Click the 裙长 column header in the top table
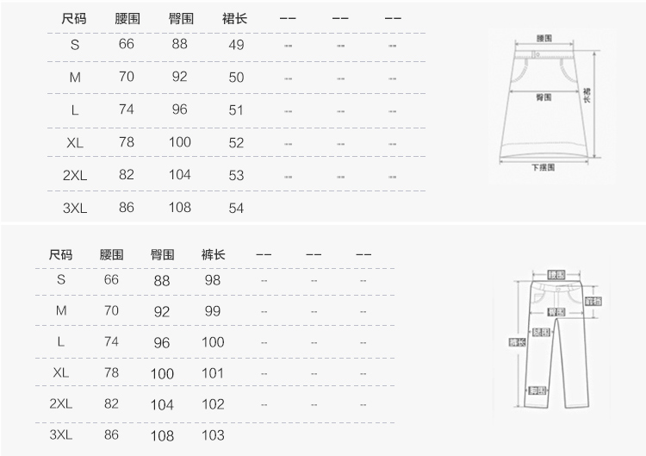[x=234, y=18]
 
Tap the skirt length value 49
[x=237, y=45]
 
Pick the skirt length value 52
[x=237, y=143]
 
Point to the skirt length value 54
[x=237, y=208]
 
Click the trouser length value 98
[x=213, y=280]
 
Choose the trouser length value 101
[x=213, y=373]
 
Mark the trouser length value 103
[x=213, y=435]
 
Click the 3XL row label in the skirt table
[x=75, y=208]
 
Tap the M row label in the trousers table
[x=61, y=310]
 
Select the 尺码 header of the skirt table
[x=75, y=18]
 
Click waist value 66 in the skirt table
[x=127, y=45]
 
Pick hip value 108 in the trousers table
[x=162, y=436]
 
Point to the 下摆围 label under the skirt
[x=544, y=167]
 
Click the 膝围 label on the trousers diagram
[x=542, y=332]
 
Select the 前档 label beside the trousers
[x=593, y=302]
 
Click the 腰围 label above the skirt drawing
[x=544, y=38]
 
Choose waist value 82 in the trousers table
[x=111, y=403]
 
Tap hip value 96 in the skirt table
[x=179, y=109]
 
